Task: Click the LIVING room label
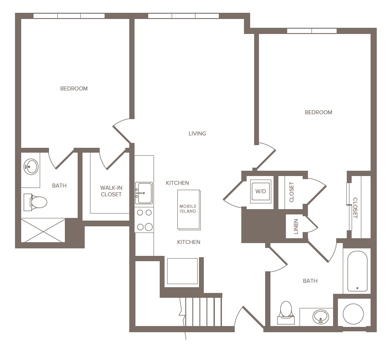[x=197, y=134]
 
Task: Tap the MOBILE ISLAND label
[x=188, y=209]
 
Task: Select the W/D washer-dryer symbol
[x=261, y=191]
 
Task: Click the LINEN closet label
[x=296, y=226]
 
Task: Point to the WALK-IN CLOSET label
[x=111, y=191]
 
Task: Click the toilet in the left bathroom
[x=35, y=202]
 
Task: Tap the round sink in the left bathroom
[x=31, y=166]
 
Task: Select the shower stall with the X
[x=43, y=230]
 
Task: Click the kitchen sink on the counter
[x=144, y=193]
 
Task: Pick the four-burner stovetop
[x=144, y=220]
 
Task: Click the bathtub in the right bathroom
[x=357, y=271]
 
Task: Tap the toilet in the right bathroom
[x=286, y=313]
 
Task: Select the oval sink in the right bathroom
[x=321, y=317]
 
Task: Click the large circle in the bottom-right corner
[x=353, y=314]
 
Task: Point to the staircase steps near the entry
[x=203, y=312]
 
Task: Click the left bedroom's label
[x=74, y=89]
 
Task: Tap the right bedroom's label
[x=319, y=112]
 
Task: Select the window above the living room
[x=184, y=16]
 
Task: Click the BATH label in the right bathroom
[x=310, y=281]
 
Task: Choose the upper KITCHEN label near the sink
[x=177, y=183]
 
